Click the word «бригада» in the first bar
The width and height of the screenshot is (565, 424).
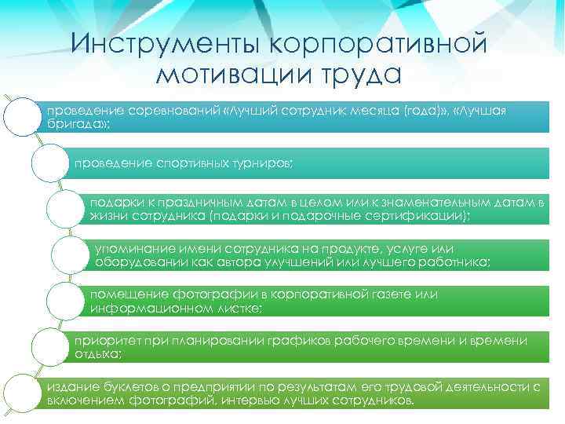tap(73, 124)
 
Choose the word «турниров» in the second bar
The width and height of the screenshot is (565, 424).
tap(263, 163)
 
